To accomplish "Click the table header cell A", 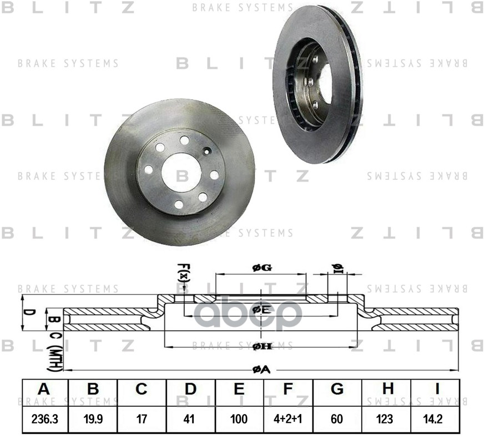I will coord(44,390).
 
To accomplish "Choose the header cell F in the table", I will coord(288,390).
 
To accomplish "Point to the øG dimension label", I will coord(261,268).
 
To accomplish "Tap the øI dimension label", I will coord(337,269).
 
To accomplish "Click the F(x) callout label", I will coord(184,273).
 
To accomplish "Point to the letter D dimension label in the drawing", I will coord(32,312).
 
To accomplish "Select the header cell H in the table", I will coord(386,390).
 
